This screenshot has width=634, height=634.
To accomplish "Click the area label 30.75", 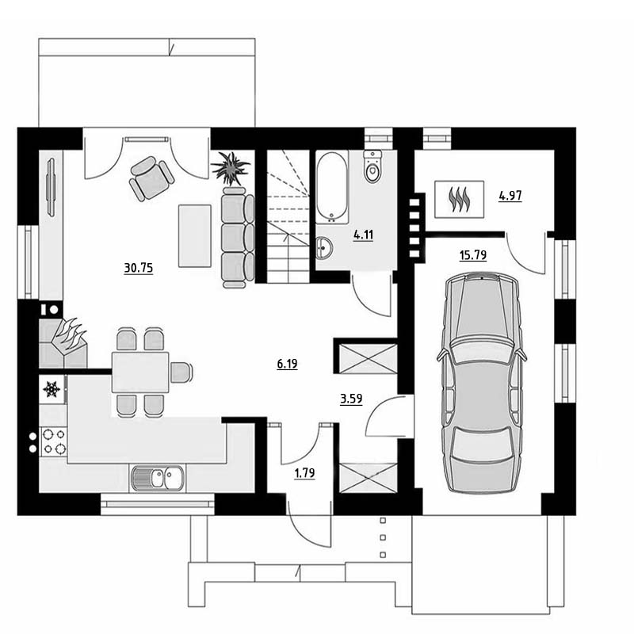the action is pos(138,268).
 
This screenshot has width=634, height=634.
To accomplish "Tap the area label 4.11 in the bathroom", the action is pos(363,235).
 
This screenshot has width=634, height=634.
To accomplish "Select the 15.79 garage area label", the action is pos(472,255).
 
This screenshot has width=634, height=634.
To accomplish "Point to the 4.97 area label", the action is pos(510,196).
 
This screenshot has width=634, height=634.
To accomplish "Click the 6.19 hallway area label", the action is pos(287,364).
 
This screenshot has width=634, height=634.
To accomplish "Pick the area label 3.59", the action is pos(351,399).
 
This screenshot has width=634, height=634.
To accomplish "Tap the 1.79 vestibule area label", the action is pos(304,472).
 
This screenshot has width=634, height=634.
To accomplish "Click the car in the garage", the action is pos(481,383).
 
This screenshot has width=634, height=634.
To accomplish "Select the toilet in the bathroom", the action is pos(372,166).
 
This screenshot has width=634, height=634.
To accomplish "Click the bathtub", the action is pos(332,187).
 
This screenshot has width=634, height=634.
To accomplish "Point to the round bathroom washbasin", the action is pos(324,247).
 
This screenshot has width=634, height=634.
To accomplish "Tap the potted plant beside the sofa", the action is pos(230,168).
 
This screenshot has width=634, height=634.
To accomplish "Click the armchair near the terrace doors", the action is pos(151,178).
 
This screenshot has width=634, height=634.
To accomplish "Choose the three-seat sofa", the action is pos(238,238).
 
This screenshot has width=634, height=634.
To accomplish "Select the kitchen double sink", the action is pos(157,479).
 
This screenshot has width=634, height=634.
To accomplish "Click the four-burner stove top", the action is pos(54,441).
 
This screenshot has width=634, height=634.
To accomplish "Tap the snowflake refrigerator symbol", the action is pos(52,389).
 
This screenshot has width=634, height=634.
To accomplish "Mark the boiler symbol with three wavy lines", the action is pos(460,199).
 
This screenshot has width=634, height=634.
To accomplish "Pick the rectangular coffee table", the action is pos(195,235).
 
